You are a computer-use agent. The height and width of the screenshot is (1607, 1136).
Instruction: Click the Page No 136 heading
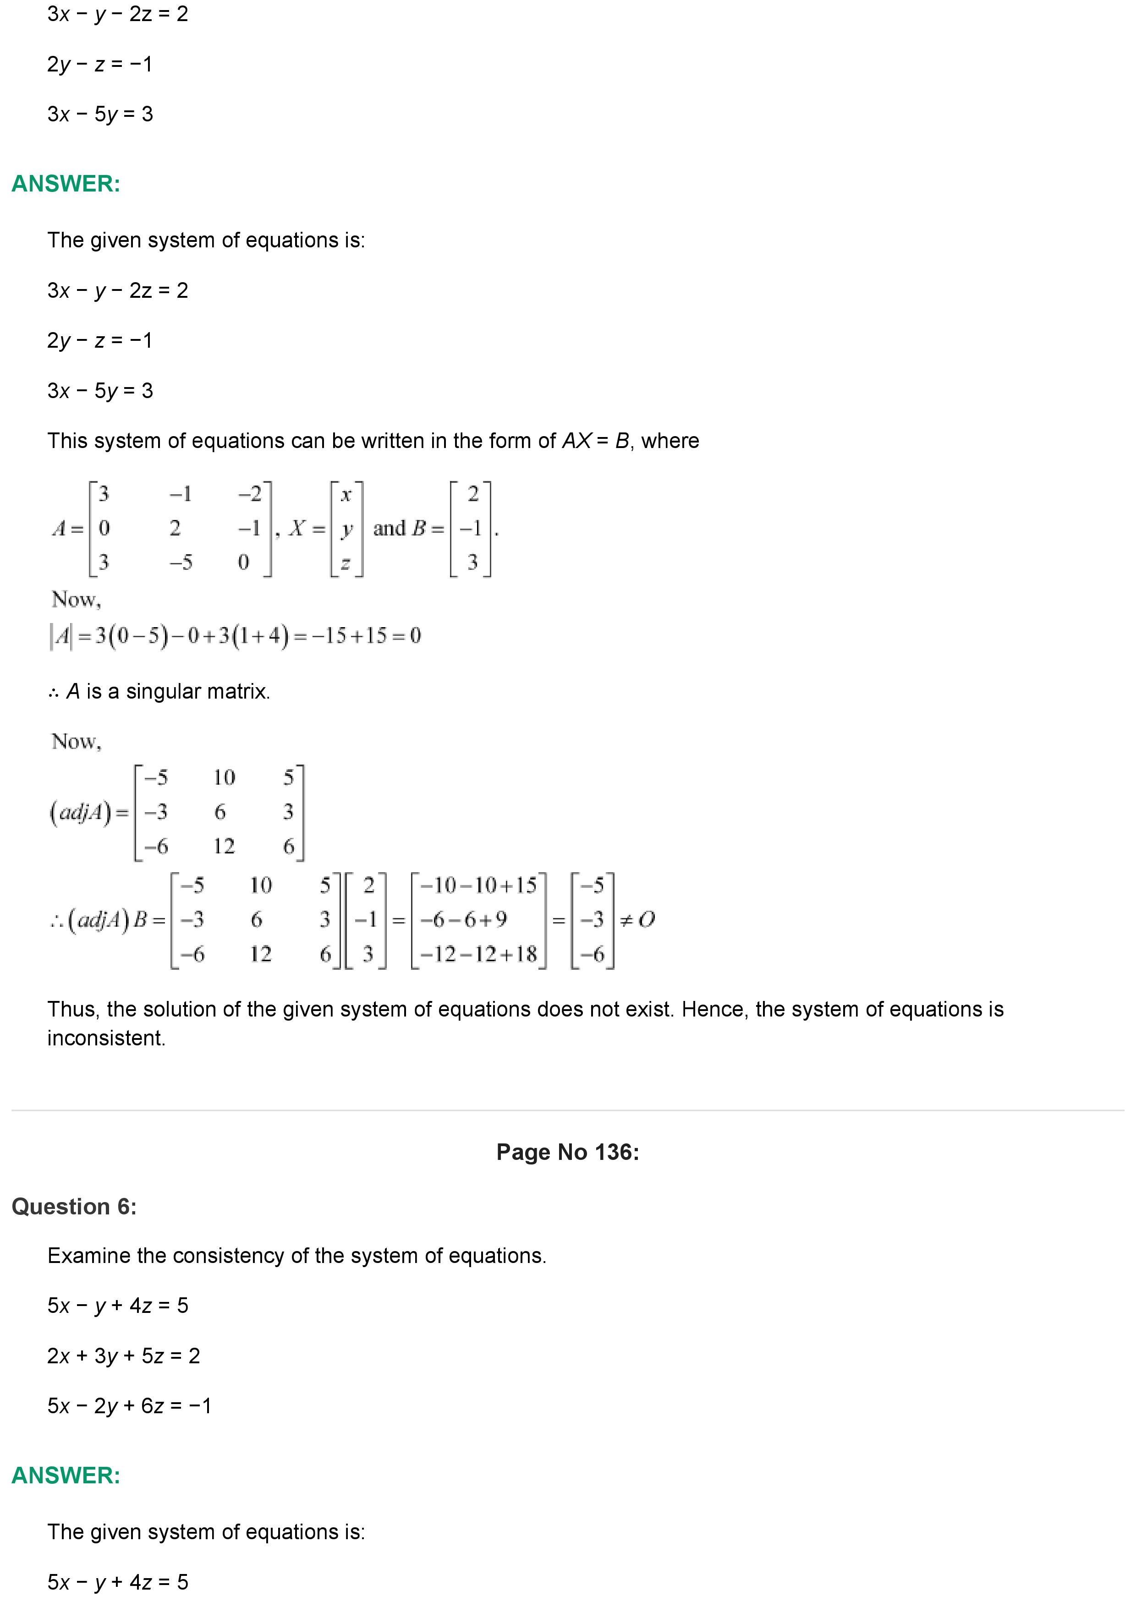[x=568, y=1152]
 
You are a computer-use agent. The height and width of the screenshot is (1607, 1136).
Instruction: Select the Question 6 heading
[x=74, y=1206]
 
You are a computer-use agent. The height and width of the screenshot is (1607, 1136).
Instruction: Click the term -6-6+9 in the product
[x=463, y=919]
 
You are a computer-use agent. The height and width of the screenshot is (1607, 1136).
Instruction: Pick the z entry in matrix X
[x=346, y=562]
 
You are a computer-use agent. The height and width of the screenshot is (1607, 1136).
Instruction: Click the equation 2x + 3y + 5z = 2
[x=123, y=1356]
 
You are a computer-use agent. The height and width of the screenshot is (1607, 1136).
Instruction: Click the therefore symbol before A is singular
[x=54, y=692]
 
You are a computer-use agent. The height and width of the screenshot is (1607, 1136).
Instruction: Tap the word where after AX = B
[x=670, y=441]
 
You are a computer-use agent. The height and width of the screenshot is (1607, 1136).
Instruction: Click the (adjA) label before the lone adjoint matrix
[x=81, y=812]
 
